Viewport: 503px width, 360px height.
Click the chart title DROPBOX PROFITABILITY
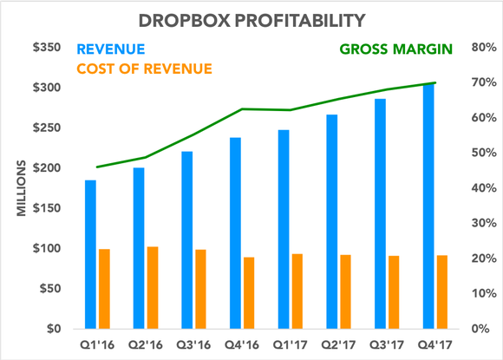click(x=251, y=17)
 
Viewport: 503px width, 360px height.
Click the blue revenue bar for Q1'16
click(x=90, y=254)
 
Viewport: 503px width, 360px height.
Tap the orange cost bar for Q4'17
click(x=443, y=291)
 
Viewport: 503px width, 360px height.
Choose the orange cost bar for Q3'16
click(x=201, y=289)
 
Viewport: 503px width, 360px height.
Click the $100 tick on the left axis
click(x=44, y=249)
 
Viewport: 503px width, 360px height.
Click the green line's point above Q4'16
click(x=242, y=109)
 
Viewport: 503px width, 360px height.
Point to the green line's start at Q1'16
click(x=96, y=167)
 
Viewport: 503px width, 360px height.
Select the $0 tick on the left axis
click(x=50, y=330)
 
